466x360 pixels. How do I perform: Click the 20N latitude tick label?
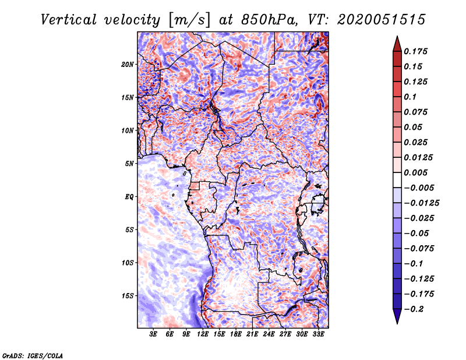(x=128, y=65)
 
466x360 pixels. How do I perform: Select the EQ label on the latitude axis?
(x=129, y=197)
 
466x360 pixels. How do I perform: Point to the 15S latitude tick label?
(x=128, y=296)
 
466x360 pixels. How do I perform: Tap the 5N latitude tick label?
(x=129, y=164)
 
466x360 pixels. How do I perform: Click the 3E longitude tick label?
(x=153, y=334)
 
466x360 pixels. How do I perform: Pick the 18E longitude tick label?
(x=236, y=334)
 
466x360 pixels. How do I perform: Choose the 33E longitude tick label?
(x=318, y=334)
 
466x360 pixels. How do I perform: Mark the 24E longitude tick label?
(x=269, y=334)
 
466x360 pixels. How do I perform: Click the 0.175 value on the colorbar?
(x=415, y=51)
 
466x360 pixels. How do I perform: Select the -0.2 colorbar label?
(x=414, y=309)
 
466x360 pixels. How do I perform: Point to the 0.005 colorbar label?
(x=415, y=172)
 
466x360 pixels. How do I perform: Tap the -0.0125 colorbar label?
(x=421, y=203)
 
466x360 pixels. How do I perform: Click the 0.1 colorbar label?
(x=410, y=97)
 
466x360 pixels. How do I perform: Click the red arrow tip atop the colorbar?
(x=397, y=37)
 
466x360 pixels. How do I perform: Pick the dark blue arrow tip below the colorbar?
(x=397, y=323)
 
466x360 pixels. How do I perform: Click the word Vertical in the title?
(x=68, y=20)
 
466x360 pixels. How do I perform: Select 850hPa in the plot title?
(x=269, y=20)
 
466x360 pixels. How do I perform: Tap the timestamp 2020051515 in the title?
(x=382, y=20)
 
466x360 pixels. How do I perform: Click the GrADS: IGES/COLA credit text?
(x=33, y=355)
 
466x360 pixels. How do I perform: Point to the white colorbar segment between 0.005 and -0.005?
(x=397, y=180)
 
